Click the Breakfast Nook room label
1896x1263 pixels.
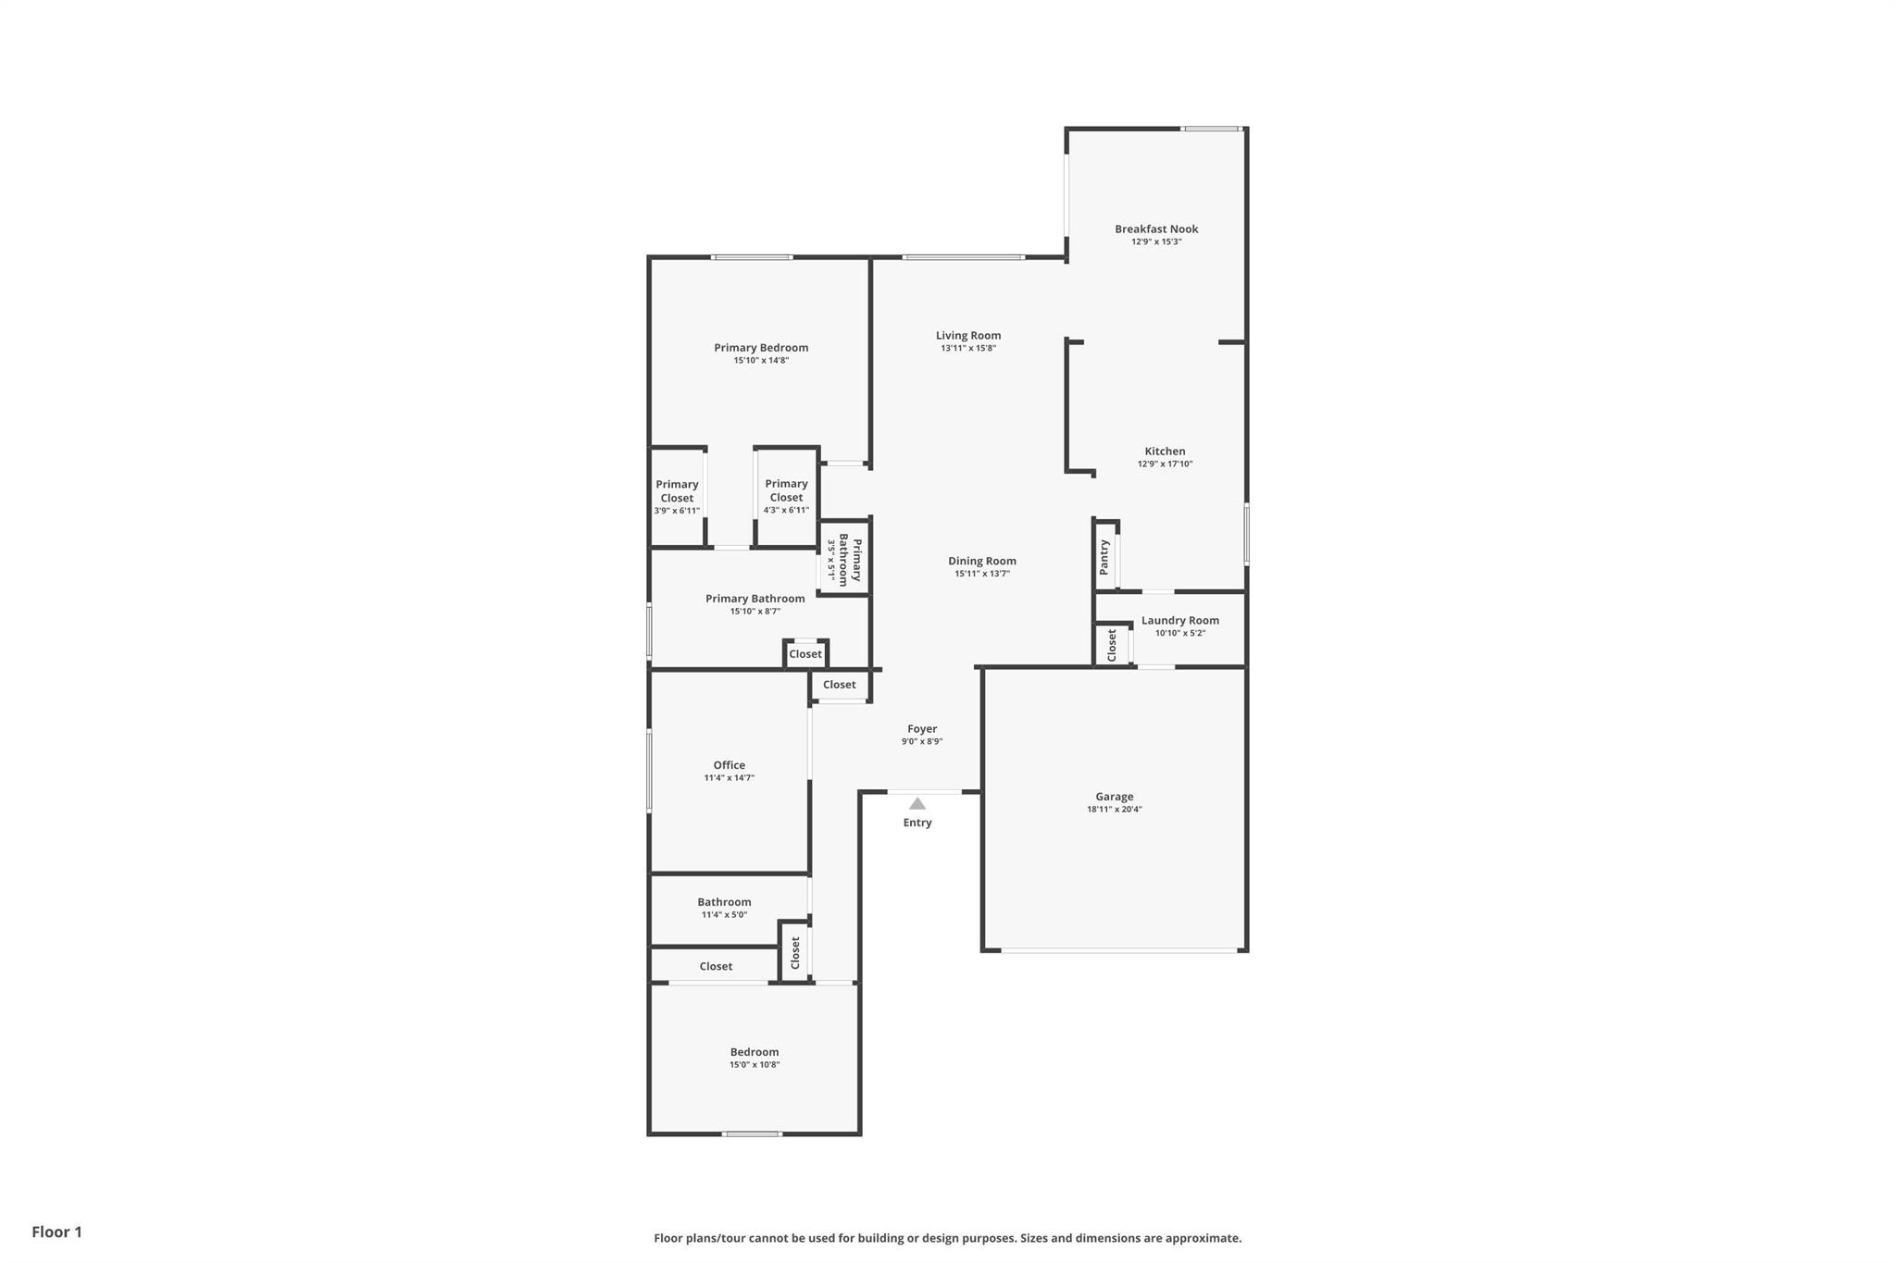[1156, 229]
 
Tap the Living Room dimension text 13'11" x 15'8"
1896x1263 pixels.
[968, 349]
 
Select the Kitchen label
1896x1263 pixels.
[1165, 452]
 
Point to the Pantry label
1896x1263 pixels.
[1104, 557]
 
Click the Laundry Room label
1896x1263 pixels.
[1180, 621]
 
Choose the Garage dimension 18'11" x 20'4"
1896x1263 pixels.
[1115, 810]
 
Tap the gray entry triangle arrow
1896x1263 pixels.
[917, 804]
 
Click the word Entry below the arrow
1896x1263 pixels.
[917, 823]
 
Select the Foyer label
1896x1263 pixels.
[922, 729]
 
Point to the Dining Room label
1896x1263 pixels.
[982, 561]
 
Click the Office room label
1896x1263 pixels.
[730, 765]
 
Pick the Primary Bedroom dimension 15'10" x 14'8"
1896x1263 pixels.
[761, 361]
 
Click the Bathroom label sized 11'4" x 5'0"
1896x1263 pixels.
[724, 902]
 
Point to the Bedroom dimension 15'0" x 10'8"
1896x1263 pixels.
[755, 1065]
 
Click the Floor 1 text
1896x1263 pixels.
[57, 1232]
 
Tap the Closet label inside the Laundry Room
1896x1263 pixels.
[1112, 645]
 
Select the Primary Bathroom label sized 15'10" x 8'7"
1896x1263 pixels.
[755, 599]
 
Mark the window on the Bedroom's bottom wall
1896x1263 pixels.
[752, 1133]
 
